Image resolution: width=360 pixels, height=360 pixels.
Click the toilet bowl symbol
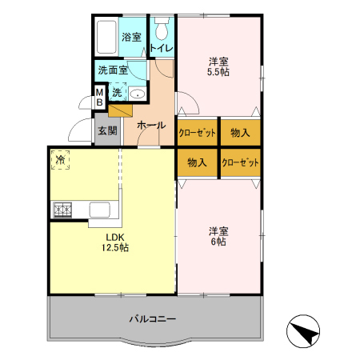coord(162,29)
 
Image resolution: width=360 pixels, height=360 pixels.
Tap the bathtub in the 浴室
coord(106,37)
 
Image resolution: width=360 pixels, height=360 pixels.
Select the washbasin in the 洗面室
coord(138,94)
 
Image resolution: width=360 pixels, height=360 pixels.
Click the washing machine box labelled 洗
coord(118,92)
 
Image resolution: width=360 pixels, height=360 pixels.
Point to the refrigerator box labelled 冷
coord(61,160)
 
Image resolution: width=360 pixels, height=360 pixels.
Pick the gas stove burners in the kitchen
coord(62,210)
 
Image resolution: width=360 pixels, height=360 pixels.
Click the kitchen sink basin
coord(100,210)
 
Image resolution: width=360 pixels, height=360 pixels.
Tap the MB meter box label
coord(99,98)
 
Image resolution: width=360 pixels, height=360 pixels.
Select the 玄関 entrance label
coord(107,130)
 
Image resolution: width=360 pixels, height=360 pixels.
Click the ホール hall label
coord(151,125)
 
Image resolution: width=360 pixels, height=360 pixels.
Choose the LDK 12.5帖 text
coord(115,242)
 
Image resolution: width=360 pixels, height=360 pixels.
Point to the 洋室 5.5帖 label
coord(218,67)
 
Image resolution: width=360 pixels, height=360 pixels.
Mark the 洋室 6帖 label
coord(218,236)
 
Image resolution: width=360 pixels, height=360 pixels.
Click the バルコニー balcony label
coord(153,319)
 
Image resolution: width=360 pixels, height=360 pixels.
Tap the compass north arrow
coord(303,331)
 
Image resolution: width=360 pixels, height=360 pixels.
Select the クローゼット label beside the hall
coord(197,133)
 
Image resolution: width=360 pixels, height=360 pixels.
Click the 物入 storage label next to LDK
coord(197,162)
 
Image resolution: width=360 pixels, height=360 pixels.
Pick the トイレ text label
coord(162,48)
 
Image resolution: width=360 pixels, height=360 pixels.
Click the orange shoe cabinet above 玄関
coord(120,110)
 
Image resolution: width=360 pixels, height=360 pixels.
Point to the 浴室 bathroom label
coord(131,37)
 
